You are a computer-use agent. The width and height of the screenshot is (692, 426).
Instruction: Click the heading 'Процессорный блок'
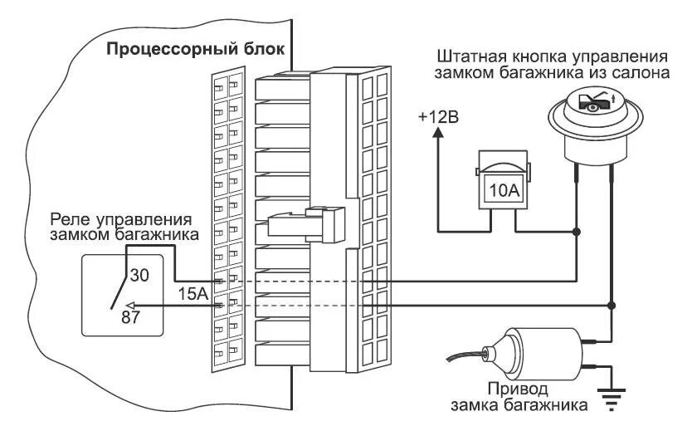(195, 48)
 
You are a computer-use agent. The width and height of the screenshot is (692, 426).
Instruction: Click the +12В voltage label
(437, 116)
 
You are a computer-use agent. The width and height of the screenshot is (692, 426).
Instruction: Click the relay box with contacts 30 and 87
(122, 295)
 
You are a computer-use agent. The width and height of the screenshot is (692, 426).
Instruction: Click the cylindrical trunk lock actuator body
(535, 350)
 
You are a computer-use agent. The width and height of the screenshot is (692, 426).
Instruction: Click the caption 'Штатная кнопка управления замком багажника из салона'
(551, 65)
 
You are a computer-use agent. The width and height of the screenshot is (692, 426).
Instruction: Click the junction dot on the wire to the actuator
(612, 306)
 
